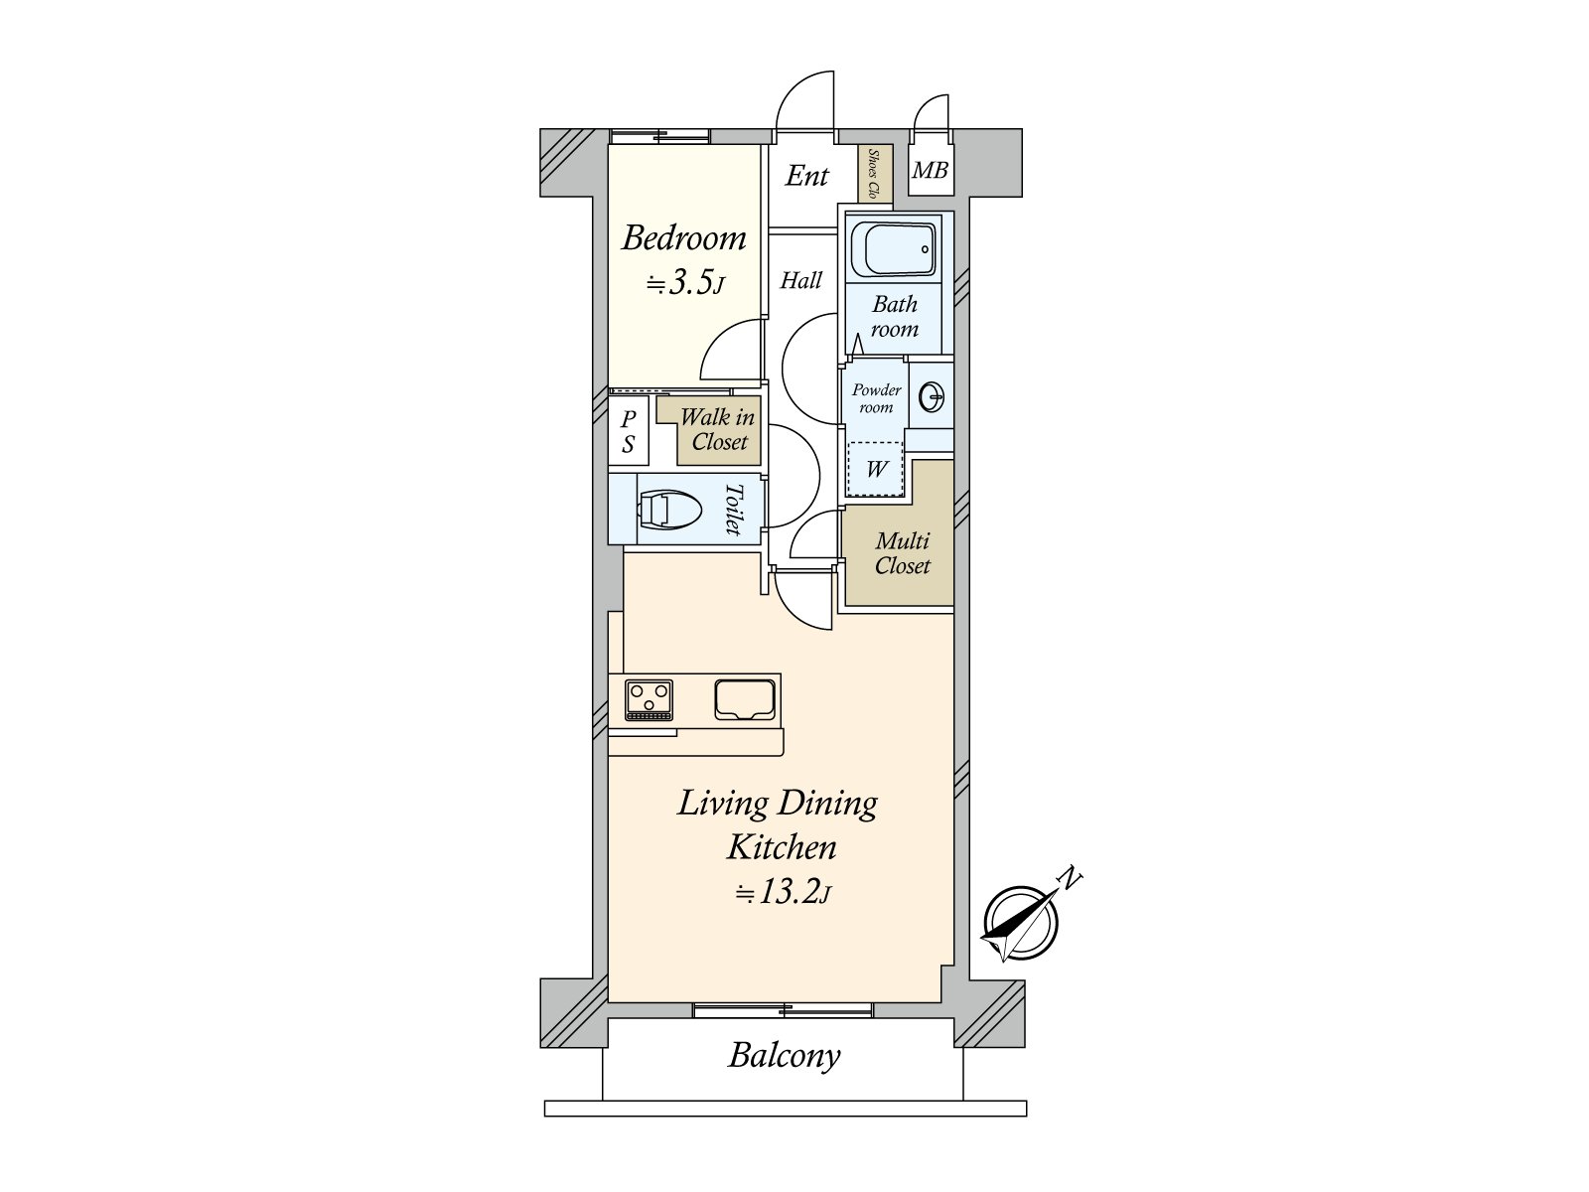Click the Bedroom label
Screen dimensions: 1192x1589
683,239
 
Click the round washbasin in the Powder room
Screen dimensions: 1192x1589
933,397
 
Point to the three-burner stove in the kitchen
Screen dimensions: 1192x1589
649,698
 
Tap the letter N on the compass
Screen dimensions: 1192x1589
1069,877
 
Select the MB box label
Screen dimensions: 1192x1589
930,171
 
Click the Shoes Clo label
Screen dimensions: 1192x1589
873,175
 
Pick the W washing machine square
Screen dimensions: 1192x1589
876,468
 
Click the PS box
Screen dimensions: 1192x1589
628,432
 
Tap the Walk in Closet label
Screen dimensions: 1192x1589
718,430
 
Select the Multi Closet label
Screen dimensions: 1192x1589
902,553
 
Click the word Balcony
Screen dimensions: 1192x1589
784,1055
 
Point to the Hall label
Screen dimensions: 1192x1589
800,281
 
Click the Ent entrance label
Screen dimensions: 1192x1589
806,177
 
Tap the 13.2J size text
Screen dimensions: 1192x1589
784,893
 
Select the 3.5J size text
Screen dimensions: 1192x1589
685,284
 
